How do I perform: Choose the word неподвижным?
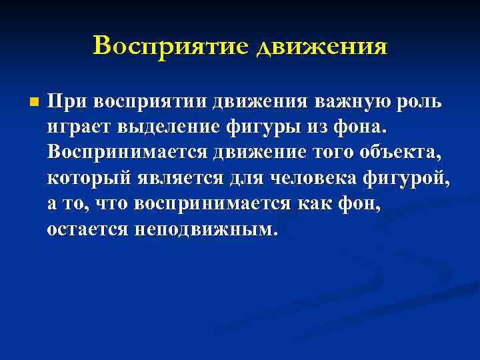(x=204, y=229)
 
